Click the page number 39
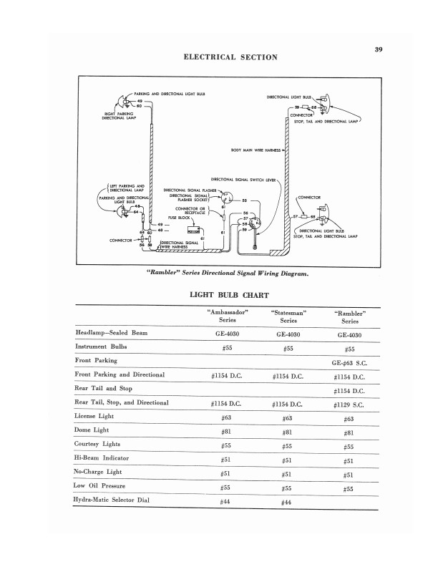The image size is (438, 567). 379,49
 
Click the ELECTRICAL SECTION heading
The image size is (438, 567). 230,57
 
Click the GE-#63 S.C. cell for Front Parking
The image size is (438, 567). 349,362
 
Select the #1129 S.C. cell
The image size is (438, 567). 349,403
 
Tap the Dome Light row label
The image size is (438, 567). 92,430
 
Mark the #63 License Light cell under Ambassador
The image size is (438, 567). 226,417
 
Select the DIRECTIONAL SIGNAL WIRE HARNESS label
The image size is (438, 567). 179,245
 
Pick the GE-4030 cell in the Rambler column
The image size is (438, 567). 349,335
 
